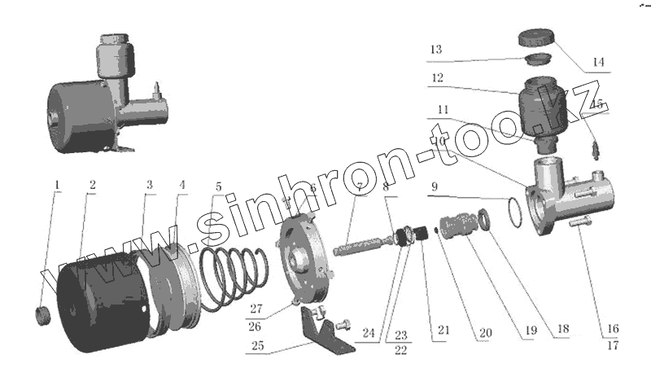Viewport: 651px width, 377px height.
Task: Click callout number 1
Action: click(57, 184)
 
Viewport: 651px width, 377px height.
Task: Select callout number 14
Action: click(599, 62)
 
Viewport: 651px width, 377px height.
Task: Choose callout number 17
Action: click(612, 344)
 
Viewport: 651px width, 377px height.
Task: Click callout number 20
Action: click(486, 332)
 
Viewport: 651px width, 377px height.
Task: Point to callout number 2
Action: click(92, 185)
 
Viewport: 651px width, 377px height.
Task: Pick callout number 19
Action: click(531, 332)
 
